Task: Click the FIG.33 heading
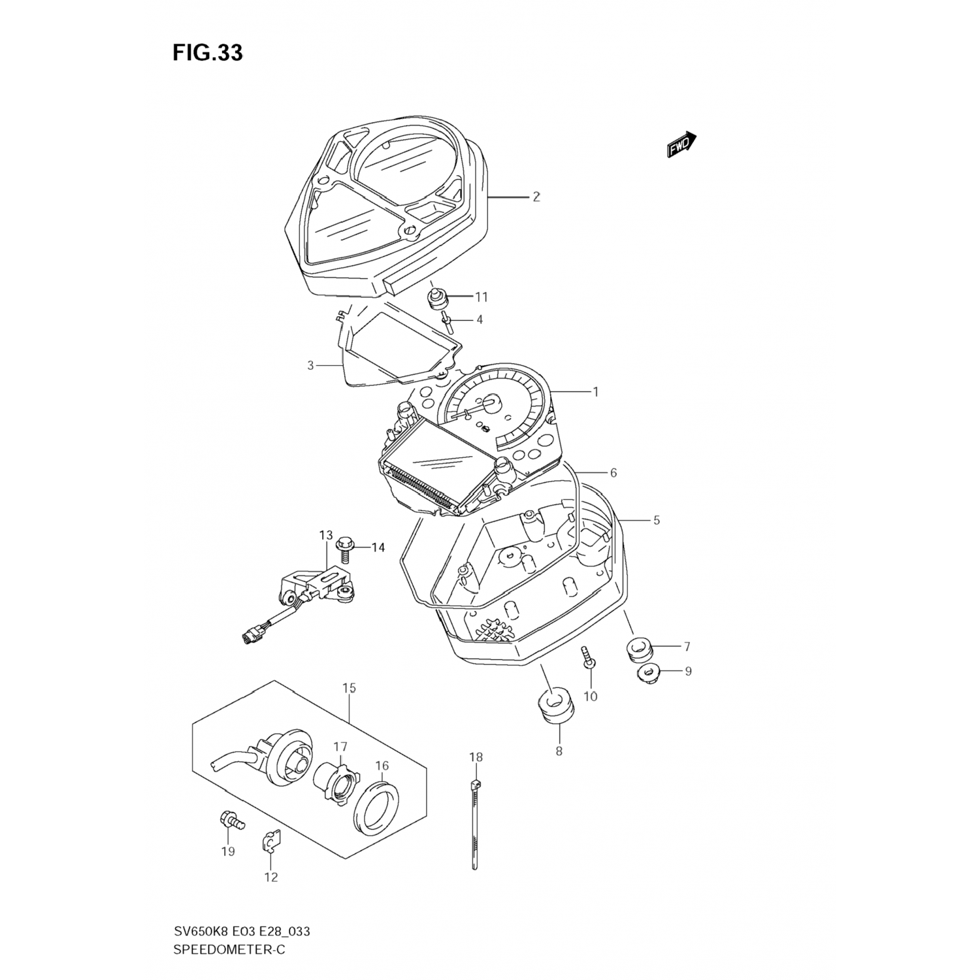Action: click(x=208, y=53)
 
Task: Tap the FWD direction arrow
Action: click(x=681, y=145)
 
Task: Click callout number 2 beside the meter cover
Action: click(x=536, y=197)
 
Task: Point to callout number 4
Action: click(x=479, y=319)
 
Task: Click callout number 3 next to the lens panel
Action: click(x=311, y=365)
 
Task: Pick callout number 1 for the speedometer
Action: click(x=595, y=392)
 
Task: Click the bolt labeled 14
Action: click(x=344, y=544)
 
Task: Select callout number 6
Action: click(x=613, y=472)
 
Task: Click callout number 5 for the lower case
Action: click(x=656, y=520)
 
